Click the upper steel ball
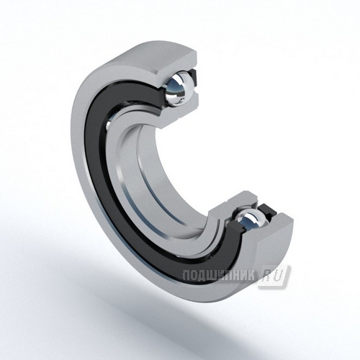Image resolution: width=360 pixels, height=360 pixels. [x=178, y=88]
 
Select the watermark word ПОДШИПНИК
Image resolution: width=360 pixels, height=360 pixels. [x=219, y=275]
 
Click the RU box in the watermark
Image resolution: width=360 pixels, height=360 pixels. [x=273, y=276]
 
